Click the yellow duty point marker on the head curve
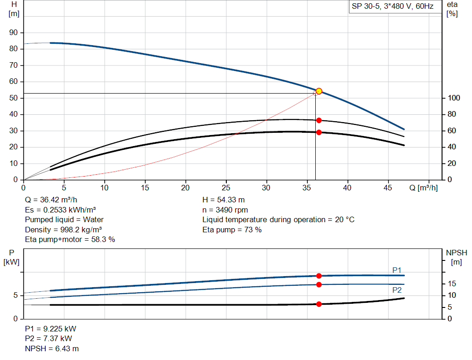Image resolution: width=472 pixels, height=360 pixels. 319,91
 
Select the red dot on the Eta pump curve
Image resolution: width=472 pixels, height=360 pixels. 319,120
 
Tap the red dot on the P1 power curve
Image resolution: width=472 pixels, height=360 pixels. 319,276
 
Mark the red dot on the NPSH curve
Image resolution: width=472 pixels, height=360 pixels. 319,304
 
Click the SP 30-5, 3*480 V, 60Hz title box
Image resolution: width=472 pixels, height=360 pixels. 392,7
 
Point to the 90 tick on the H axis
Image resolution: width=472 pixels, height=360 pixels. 14,33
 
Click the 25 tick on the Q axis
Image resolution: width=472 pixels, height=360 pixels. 226,188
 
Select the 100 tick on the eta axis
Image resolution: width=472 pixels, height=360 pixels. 452,98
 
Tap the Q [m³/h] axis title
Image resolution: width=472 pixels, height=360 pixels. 423,188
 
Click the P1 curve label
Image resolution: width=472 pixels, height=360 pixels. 397,270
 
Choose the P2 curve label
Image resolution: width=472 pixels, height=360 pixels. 397,290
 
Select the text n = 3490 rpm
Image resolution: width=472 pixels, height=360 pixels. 225,210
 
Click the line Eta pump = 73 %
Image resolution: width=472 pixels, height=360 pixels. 232,230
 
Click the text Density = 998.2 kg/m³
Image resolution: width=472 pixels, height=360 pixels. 64,230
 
